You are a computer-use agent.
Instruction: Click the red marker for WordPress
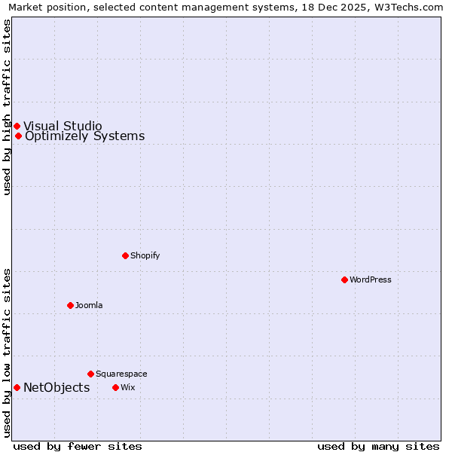[x=344, y=279]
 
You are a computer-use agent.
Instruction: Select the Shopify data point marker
[x=125, y=255]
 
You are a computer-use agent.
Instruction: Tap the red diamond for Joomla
[x=70, y=305]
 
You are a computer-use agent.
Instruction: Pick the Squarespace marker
[x=90, y=374]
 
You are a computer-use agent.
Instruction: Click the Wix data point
[x=115, y=387]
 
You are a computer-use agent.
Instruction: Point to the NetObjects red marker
[x=17, y=387]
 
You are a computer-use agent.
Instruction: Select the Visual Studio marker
[x=17, y=126]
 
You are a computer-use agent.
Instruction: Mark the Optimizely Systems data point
[x=18, y=136]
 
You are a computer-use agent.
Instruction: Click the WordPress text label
[x=371, y=279]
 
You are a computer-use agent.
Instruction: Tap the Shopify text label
[x=145, y=255]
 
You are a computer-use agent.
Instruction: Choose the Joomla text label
[x=89, y=305]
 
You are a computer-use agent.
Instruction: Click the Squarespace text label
[x=121, y=374]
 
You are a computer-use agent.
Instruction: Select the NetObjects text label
[x=56, y=387]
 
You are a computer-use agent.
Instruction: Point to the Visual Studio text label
[x=63, y=126]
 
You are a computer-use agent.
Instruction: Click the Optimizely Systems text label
[x=84, y=136]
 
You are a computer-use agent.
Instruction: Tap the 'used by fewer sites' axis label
[x=78, y=446]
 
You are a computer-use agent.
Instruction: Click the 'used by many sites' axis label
[x=378, y=446]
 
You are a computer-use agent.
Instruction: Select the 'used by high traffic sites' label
[x=7, y=107]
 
